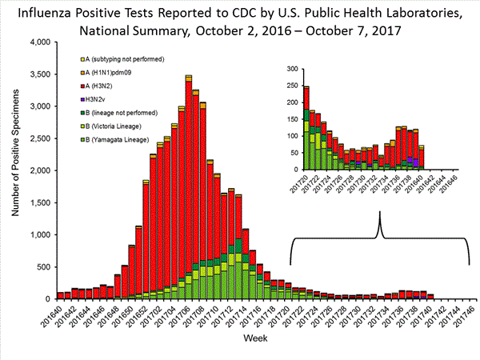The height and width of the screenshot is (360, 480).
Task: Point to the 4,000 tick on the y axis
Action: (x=41, y=42)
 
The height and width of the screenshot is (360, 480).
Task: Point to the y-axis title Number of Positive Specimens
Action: (x=14, y=170)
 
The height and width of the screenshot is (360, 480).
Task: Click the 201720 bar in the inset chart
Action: (x=306, y=127)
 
